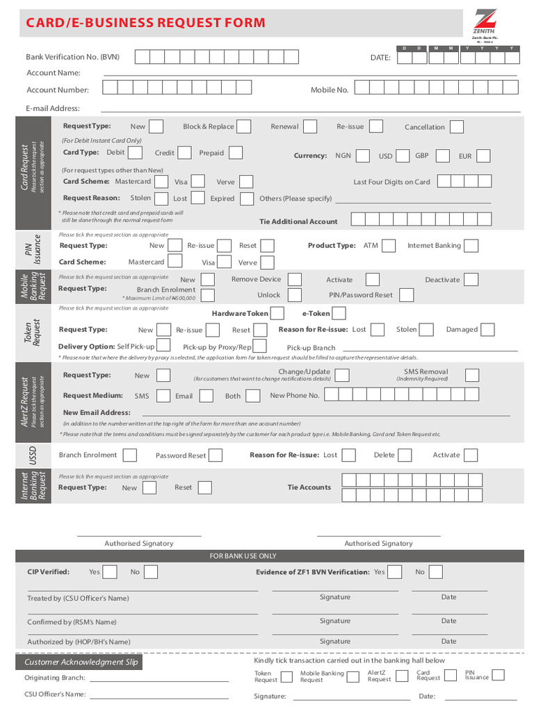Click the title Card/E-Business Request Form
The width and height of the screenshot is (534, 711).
pos(145,23)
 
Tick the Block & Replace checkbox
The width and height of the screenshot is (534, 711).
pos(244,126)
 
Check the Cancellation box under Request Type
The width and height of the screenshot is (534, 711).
pos(457,127)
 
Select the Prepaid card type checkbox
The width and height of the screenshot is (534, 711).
pos(236,153)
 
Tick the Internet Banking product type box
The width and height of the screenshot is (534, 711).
pos(471,246)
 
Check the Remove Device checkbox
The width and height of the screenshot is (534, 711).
pos(294,279)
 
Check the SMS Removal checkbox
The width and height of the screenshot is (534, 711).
pos(471,376)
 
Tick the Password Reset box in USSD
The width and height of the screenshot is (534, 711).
pos(216,455)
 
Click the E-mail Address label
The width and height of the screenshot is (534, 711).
pos(53,108)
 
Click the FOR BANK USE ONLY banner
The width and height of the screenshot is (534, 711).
pos(243,556)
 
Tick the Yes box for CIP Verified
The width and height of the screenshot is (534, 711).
pos(113,572)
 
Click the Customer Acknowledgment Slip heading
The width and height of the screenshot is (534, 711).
pos(81,662)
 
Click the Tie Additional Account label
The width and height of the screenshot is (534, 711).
pos(298,222)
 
